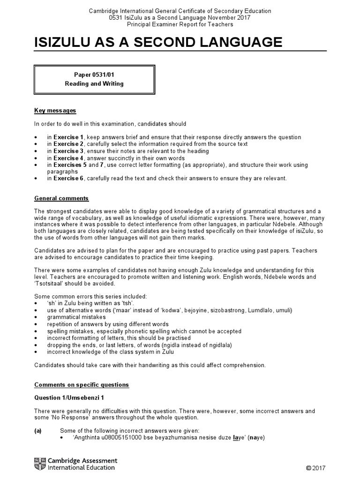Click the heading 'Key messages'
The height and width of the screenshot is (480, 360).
coord(55,111)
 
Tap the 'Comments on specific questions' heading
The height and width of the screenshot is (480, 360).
coord(82,385)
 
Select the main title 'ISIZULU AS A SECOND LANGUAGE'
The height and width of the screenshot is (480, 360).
coord(158,43)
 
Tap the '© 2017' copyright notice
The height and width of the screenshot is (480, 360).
coord(315,468)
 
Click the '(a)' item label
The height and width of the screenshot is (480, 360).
coord(38,430)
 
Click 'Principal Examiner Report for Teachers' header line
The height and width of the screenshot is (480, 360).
coord(180,24)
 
